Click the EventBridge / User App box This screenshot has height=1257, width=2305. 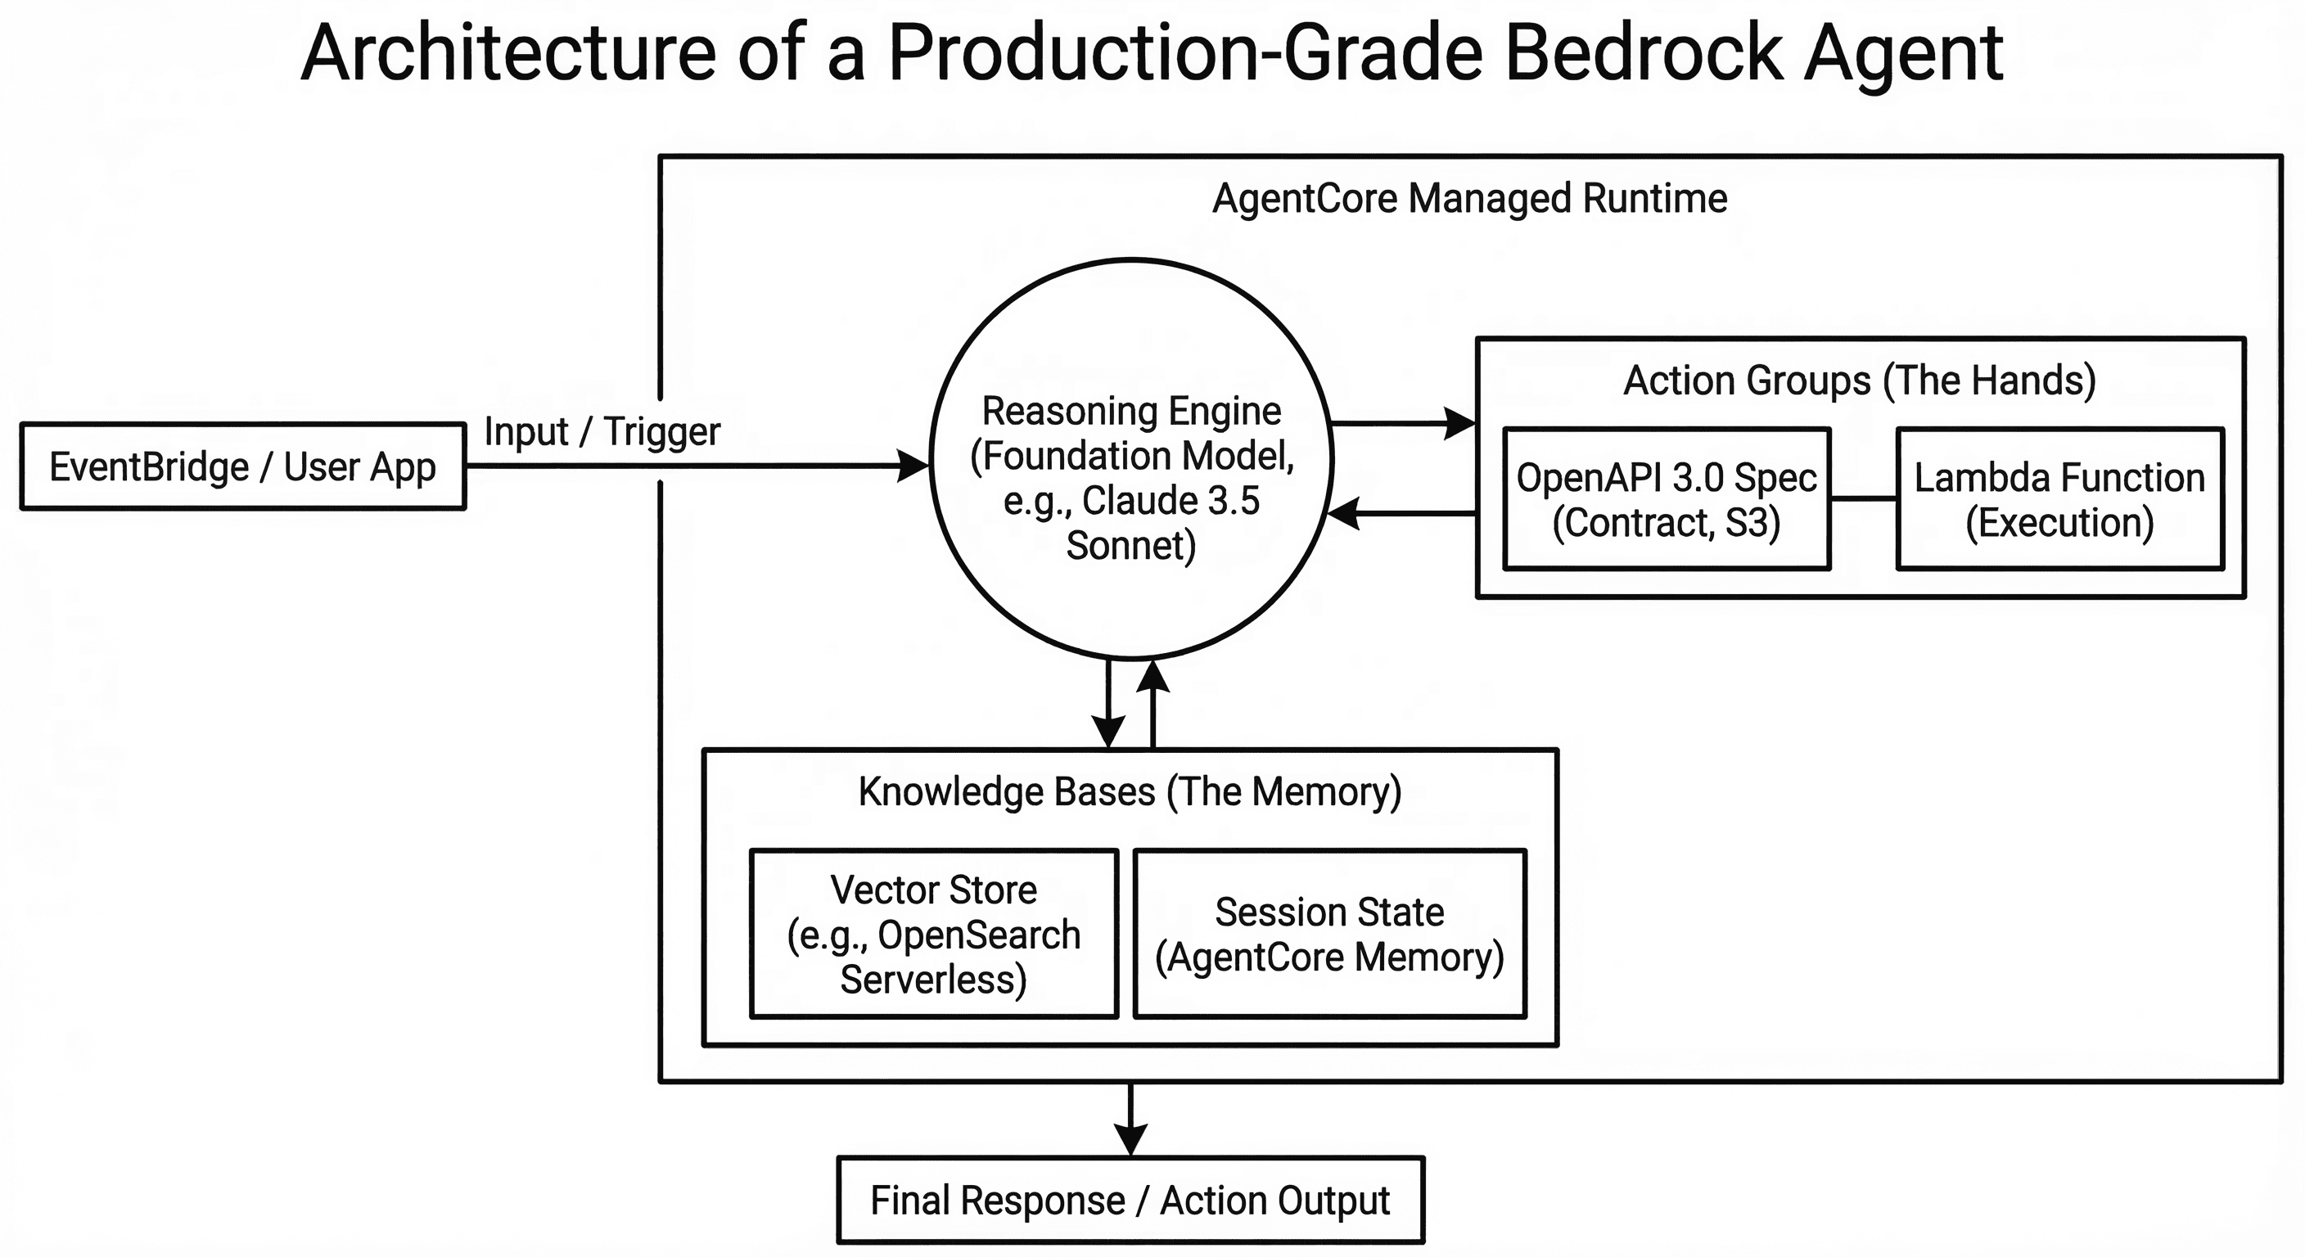(242, 466)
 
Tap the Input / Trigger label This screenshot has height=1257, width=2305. (602, 432)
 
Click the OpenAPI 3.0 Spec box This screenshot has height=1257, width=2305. (1666, 499)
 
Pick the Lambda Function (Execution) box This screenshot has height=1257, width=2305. (2059, 499)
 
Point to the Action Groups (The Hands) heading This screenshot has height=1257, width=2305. (1860, 381)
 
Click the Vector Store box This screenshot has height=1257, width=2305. (933, 933)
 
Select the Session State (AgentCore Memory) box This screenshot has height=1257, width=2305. (1328, 933)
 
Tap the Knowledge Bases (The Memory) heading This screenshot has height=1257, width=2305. (1130, 792)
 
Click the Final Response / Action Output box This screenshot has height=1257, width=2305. (1130, 1200)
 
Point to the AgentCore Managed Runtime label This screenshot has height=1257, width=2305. (1469, 199)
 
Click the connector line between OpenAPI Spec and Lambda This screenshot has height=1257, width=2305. (1863, 498)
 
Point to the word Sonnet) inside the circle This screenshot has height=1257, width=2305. (1131, 546)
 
